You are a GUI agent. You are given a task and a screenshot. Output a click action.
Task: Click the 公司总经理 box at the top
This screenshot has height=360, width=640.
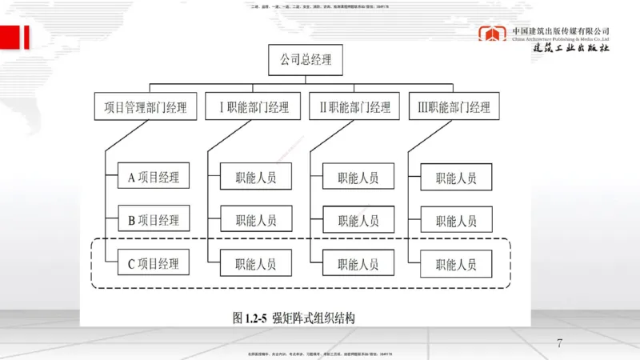click(x=305, y=60)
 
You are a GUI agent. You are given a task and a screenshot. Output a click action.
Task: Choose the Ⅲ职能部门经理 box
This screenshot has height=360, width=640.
click(x=449, y=106)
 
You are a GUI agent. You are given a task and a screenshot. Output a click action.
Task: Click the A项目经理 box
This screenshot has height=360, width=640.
click(x=154, y=177)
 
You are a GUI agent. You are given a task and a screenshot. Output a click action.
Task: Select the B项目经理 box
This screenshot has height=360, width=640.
click(x=154, y=219)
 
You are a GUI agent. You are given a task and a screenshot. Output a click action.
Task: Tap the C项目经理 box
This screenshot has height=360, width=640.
click(x=154, y=262)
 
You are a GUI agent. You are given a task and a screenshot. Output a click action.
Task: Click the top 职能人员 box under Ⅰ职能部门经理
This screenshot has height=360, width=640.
click(x=255, y=177)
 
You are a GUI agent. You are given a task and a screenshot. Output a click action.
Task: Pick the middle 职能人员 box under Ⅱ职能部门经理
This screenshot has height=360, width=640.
click(x=358, y=220)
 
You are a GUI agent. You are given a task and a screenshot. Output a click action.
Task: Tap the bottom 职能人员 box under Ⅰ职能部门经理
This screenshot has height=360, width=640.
click(x=255, y=262)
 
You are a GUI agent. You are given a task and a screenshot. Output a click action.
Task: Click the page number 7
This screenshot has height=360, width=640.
click(x=559, y=344)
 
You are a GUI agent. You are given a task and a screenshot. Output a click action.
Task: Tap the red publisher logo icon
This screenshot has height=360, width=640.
click(x=492, y=36)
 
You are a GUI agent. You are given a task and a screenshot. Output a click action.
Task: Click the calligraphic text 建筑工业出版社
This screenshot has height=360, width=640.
click(x=572, y=47)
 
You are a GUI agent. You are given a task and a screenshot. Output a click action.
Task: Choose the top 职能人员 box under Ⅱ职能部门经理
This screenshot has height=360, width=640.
click(x=358, y=177)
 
